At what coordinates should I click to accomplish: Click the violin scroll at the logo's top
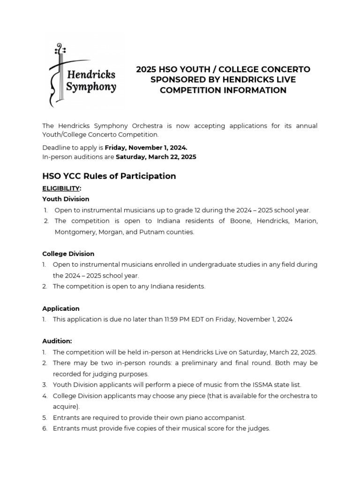pyautogui.click(x=59, y=49)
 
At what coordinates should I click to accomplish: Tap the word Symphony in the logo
pyautogui.click(x=91, y=87)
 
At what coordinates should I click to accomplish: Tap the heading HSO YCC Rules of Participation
pyautogui.click(x=109, y=176)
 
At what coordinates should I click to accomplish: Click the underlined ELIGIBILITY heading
pyautogui.click(x=61, y=188)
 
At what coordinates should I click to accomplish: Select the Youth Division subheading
pyautogui.click(x=66, y=199)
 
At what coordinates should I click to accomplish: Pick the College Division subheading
pyautogui.click(x=68, y=254)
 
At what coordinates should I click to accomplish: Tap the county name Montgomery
pyautogui.click(x=73, y=232)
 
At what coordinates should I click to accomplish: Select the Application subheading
pyautogui.click(x=61, y=308)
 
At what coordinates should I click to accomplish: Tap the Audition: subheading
pyautogui.click(x=57, y=341)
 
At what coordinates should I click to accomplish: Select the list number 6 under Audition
pyautogui.click(x=45, y=428)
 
